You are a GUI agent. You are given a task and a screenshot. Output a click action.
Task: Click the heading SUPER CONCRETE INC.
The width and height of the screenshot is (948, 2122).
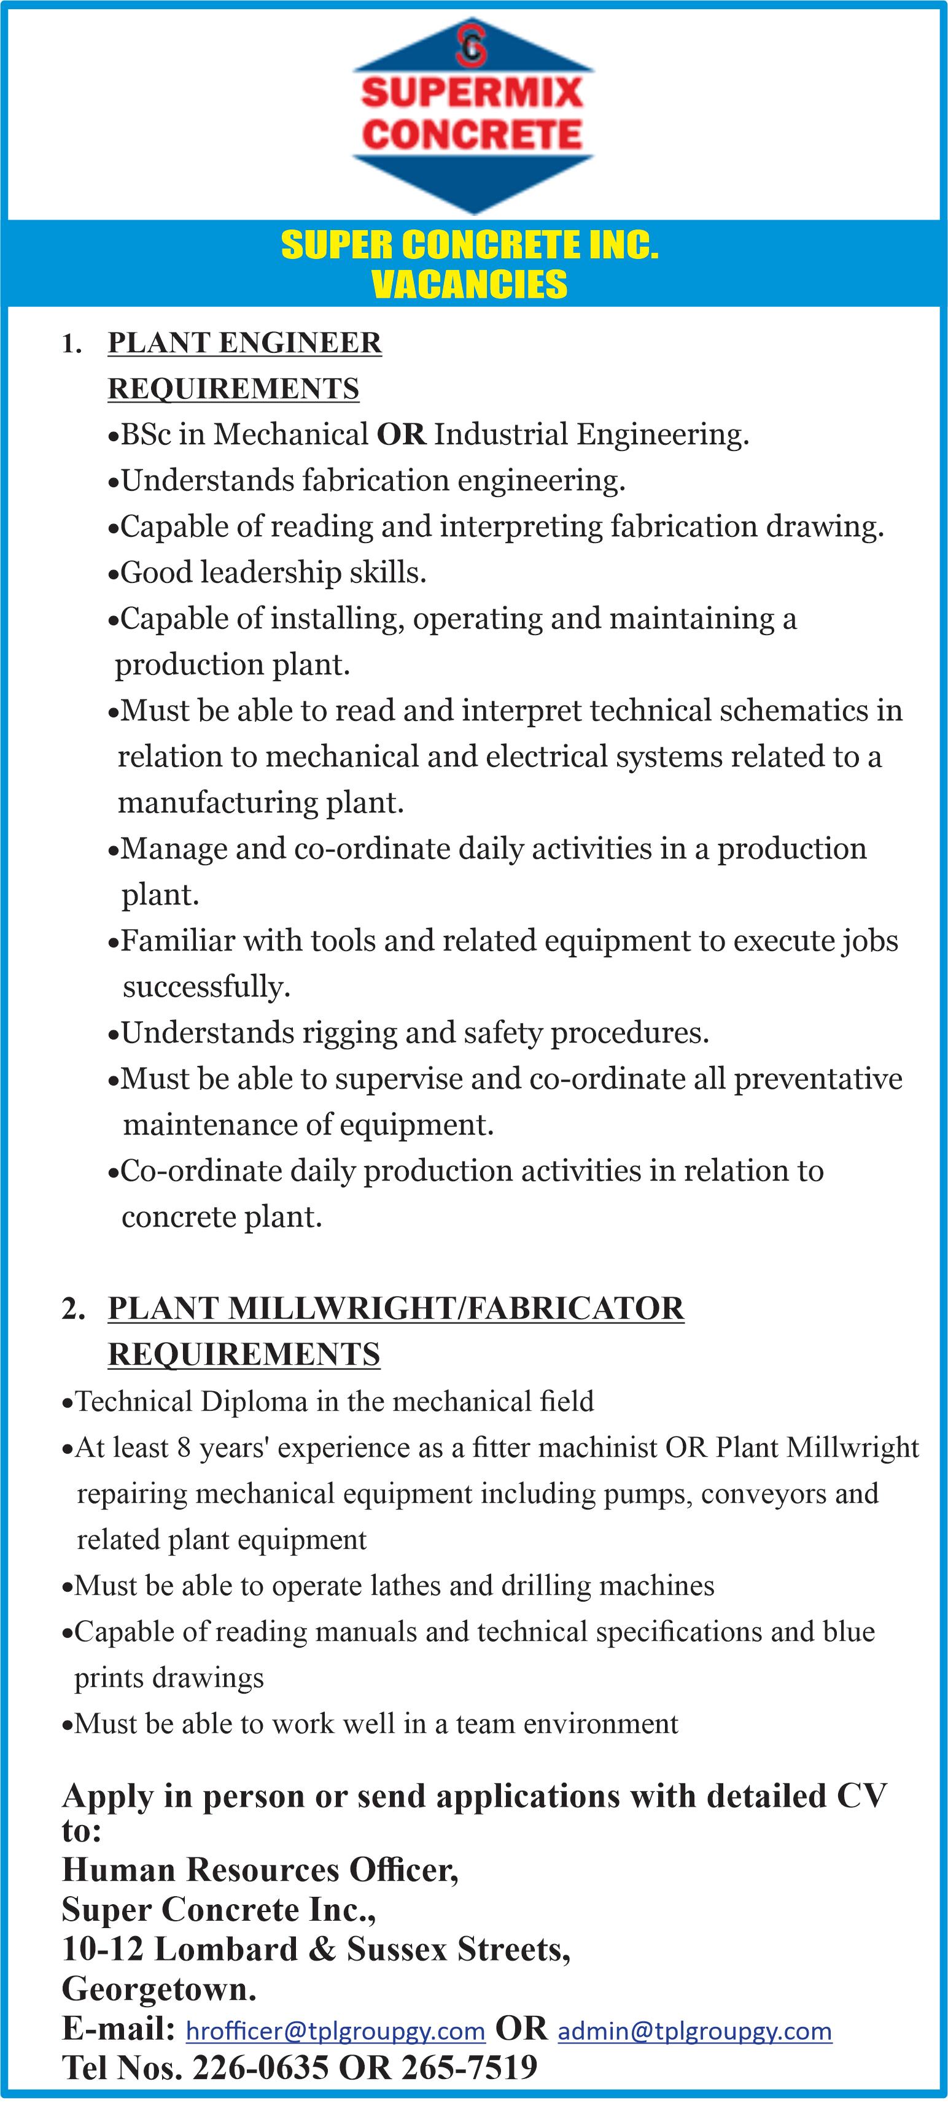click(470, 245)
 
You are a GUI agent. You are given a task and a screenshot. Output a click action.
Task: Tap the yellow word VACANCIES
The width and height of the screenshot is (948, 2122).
click(470, 284)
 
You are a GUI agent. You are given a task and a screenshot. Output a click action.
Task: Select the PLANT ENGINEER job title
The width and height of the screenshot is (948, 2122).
click(245, 342)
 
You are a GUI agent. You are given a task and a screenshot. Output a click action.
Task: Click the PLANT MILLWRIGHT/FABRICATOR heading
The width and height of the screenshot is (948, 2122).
click(395, 1308)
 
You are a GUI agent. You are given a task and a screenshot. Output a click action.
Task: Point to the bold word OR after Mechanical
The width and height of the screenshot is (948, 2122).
click(401, 434)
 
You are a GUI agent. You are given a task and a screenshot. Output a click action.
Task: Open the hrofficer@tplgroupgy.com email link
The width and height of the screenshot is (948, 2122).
click(335, 2031)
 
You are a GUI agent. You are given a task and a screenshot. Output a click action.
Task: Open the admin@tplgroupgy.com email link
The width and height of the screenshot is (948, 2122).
click(695, 2031)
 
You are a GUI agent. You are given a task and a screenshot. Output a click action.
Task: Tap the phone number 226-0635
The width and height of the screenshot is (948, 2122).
click(260, 2067)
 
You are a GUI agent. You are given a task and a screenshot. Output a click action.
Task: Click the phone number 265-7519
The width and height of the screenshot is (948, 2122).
click(469, 2067)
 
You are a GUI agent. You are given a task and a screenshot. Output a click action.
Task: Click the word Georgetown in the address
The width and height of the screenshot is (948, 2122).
click(158, 1989)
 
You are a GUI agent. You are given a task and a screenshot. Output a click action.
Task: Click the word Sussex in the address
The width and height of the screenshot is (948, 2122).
click(397, 1950)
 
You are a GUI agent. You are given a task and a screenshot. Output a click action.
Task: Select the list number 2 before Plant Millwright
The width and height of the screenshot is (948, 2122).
click(71, 1308)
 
